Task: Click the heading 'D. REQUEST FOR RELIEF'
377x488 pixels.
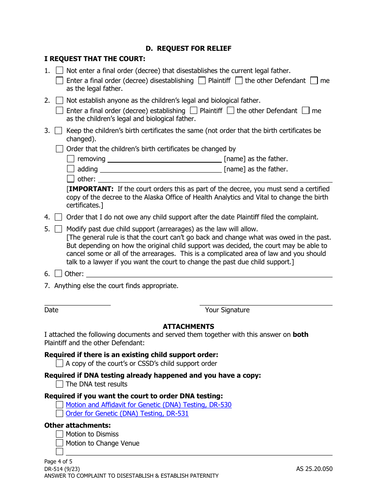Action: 188,48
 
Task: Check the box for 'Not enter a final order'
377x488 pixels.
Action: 60,71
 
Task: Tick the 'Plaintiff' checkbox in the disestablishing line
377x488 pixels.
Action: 202,81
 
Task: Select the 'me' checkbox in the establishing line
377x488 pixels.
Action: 306,111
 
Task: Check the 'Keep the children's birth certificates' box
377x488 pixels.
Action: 58,131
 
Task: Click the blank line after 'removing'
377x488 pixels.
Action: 165,159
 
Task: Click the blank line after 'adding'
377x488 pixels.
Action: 160,169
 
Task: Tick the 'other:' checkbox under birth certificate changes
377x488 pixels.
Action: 71,179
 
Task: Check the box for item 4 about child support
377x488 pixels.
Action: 58,217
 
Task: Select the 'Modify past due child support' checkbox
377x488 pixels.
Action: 58,229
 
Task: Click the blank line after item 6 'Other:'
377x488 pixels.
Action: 209,274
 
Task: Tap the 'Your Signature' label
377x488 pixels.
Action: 227,310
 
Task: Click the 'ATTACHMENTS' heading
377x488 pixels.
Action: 188,327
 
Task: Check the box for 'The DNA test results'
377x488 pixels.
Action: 60,384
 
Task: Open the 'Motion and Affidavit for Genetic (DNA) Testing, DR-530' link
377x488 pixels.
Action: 148,405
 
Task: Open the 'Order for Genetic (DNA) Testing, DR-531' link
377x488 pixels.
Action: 127,413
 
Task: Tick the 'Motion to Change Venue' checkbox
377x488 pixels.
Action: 60,443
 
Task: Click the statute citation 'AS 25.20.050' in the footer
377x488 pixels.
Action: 314,469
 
